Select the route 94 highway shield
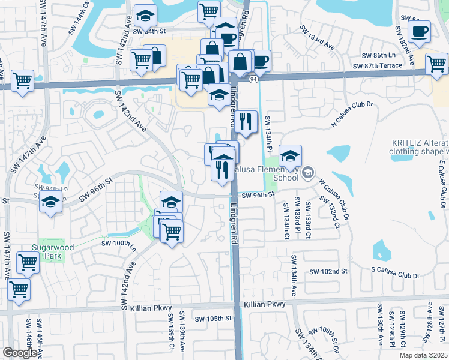[255, 79]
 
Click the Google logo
[20, 353]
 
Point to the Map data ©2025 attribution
[424, 355]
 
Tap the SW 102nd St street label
[328, 271]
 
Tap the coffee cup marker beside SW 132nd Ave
[419, 32]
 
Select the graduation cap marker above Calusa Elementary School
[290, 157]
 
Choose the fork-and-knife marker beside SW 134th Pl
[246, 122]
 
